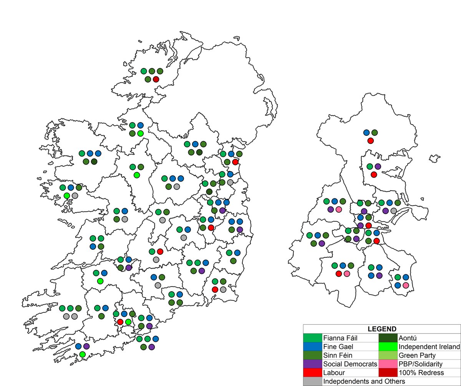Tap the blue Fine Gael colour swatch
[312, 346]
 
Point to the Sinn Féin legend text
[338, 355]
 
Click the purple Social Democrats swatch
[312, 364]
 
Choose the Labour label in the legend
[333, 372]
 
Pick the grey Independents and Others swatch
[312, 381]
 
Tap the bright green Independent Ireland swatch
[389, 346]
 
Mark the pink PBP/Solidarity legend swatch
[389, 364]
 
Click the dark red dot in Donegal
[156, 79]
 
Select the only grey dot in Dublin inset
[393, 211]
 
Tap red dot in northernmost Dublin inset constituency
[370, 141]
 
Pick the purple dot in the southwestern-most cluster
[86, 346]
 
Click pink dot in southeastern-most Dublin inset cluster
[406, 285]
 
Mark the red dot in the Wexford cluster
[215, 289]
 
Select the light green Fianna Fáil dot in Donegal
[144, 71]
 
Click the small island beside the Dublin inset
[434, 158]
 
